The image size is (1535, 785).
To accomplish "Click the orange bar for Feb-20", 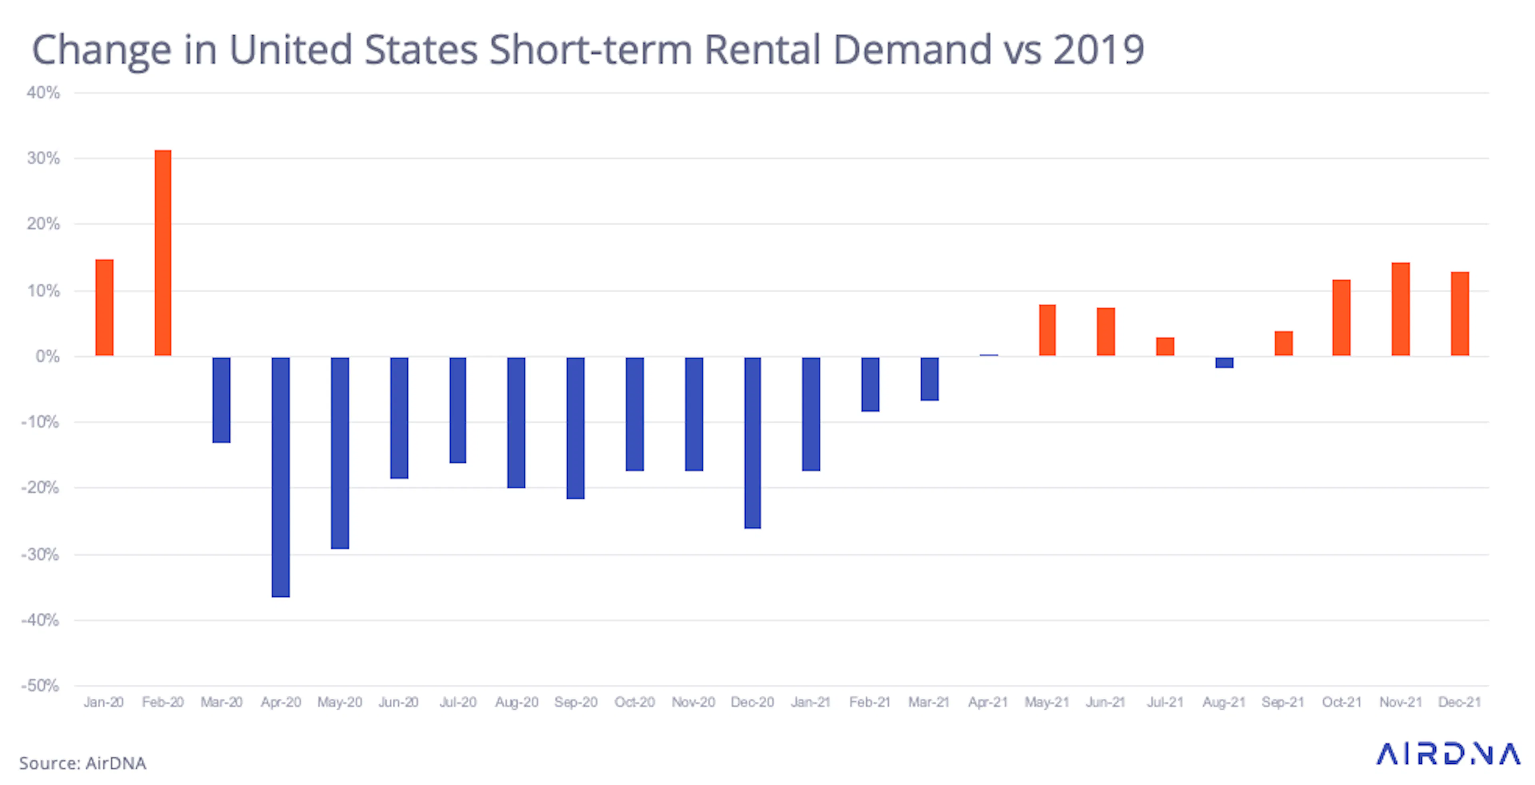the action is click(163, 253).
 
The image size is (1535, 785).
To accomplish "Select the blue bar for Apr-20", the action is click(281, 477).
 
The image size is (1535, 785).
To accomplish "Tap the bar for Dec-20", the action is click(753, 442).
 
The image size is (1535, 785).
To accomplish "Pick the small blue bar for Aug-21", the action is click(1224, 362).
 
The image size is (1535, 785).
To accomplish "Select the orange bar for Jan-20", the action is click(104, 308).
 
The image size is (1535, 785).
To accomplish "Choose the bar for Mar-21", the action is click(929, 378).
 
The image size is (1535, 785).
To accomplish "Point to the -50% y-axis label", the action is click(40, 685).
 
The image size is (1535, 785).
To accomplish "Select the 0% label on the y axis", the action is click(48, 356).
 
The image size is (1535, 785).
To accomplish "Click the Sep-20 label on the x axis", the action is click(576, 702).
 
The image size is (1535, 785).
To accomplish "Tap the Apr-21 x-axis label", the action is click(988, 702).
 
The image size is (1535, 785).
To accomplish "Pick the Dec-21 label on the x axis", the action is click(1459, 702).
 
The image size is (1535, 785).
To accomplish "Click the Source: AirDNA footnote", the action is click(83, 763).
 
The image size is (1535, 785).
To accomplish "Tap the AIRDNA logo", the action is click(1448, 754).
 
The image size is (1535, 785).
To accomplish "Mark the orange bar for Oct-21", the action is click(1342, 318).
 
